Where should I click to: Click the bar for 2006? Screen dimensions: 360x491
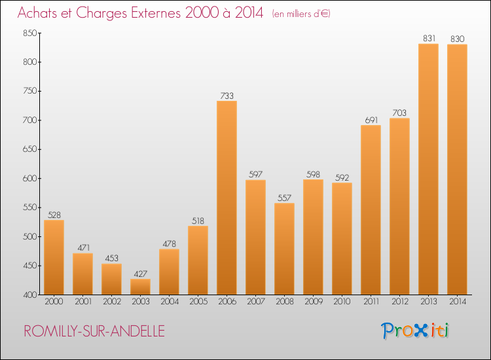tap(227, 198)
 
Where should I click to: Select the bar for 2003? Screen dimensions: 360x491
tap(140, 287)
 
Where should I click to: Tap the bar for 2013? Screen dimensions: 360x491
tap(428, 169)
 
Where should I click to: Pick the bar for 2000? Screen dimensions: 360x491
tap(54, 257)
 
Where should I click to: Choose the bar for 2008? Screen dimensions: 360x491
tap(284, 249)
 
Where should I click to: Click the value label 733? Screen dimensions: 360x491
tap(227, 96)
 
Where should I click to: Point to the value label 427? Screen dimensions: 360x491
tap(140, 274)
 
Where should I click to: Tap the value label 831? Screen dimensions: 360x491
tap(428, 39)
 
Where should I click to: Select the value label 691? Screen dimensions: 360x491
tap(371, 120)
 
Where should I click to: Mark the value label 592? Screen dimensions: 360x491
tap(342, 177)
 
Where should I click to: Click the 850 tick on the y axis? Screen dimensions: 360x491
tap(30, 33)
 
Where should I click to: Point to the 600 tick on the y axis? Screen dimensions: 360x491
tap(30, 179)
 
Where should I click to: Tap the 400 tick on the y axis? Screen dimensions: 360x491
tap(30, 295)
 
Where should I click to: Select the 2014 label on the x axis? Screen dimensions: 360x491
tap(457, 302)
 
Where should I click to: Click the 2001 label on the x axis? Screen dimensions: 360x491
tap(82, 302)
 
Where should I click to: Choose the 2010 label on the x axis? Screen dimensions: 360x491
tap(342, 302)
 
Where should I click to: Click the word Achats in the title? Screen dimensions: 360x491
tap(39, 12)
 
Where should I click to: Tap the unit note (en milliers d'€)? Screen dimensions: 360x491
tap(301, 14)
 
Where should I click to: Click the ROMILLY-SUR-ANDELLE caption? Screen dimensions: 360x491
tap(94, 331)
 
